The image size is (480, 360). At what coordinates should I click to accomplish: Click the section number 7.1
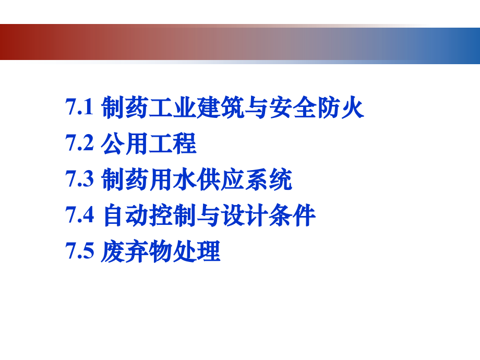click(x=79, y=109)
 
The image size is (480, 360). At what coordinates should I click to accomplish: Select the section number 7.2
click(x=79, y=144)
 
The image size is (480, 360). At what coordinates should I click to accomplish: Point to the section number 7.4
click(x=79, y=215)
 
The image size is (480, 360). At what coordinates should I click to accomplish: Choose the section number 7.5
click(x=79, y=251)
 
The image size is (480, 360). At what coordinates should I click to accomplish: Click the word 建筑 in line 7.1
click(x=221, y=109)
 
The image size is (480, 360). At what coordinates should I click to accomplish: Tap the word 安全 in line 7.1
click(x=294, y=109)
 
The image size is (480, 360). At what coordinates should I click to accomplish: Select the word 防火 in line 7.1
click(x=341, y=109)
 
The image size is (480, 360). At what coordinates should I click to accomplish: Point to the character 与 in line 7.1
click(x=258, y=109)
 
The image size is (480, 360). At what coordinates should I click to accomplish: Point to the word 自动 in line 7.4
click(x=126, y=215)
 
